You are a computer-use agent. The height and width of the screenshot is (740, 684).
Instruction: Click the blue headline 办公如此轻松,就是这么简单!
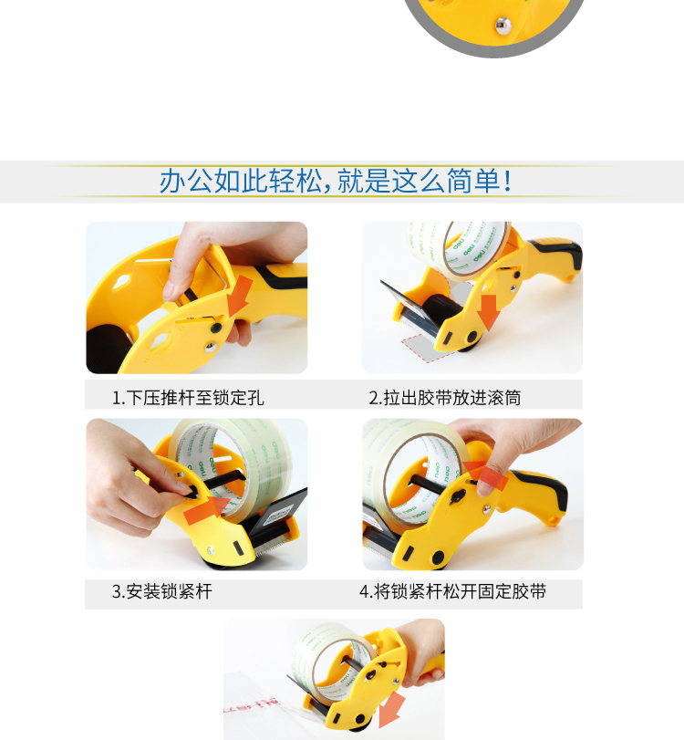[x=336, y=181]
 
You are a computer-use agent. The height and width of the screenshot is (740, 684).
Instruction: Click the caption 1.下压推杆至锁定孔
[x=188, y=398]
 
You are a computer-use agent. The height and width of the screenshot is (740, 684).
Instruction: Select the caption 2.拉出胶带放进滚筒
[x=445, y=398]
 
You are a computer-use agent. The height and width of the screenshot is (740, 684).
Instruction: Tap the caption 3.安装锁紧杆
[x=161, y=591]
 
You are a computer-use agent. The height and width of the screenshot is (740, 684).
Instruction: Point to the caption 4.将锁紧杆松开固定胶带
[x=453, y=591]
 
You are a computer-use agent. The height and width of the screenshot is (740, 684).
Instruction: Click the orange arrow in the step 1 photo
[x=239, y=296]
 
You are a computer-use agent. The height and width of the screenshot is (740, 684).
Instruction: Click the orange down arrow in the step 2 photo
[x=488, y=312]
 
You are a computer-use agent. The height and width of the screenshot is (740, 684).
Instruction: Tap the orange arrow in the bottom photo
[x=391, y=710]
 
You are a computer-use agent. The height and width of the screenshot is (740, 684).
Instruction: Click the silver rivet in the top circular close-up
[x=503, y=25]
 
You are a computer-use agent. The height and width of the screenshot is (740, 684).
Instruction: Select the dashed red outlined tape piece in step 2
[x=422, y=348]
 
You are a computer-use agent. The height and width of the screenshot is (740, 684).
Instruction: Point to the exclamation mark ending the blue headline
[x=508, y=181]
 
